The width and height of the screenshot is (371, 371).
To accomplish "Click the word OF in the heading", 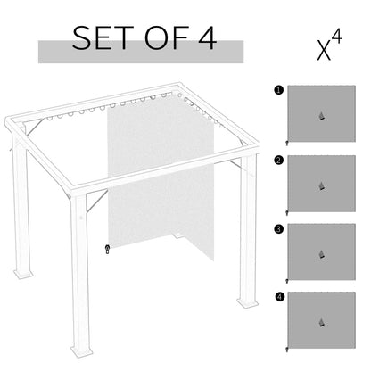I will (x=164, y=40).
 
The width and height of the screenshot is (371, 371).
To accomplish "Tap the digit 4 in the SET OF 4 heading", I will (x=205, y=40).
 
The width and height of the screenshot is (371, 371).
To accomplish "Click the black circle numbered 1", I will (x=279, y=90).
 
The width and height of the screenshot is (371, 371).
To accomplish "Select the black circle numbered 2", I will (x=279, y=160).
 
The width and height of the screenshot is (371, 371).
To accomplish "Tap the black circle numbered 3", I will (x=279, y=228).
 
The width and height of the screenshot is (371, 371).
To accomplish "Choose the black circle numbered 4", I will (x=279, y=297).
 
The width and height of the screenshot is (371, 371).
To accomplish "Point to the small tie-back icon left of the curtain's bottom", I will (x=107, y=249).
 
